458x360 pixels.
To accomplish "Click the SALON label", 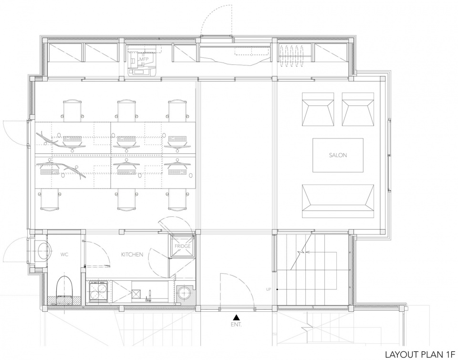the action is tap(338, 155).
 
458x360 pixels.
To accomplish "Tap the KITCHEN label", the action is tap(132, 254).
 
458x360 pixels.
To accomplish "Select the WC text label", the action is tap(64, 254).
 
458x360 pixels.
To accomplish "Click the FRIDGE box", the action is tap(182, 246).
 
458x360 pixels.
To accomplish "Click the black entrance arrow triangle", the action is tap(237, 317).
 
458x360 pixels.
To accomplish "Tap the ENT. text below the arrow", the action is tap(237, 325).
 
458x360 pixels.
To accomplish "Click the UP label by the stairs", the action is tap(269, 289).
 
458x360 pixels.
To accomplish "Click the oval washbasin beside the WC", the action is tap(45, 251).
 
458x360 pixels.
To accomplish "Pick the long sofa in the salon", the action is tap(338, 201).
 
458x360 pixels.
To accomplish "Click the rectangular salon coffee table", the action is tap(338, 155).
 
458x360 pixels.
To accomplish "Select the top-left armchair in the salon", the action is tap(318, 109).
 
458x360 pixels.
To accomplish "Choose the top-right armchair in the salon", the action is tap(358, 109).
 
